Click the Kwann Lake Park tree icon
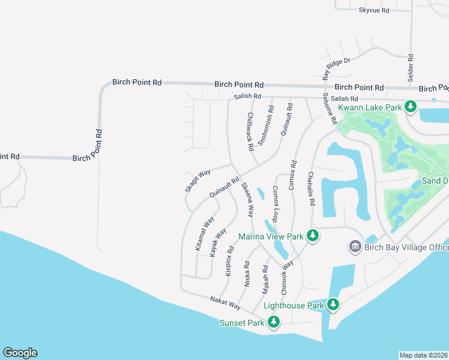point(411,107)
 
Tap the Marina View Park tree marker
point(312,236)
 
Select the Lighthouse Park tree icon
point(334,305)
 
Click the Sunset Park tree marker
point(274,323)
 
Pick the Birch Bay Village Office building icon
point(355,247)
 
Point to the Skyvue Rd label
point(374,10)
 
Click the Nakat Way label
point(225,303)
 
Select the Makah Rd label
point(264,280)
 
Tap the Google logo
point(20,353)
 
